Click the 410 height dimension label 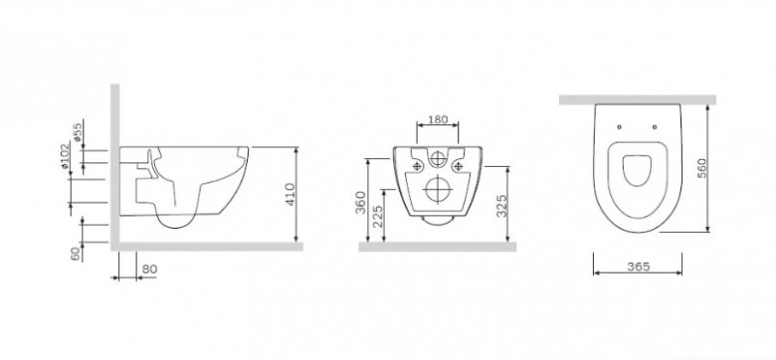[291, 194]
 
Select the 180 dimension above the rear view [438, 119]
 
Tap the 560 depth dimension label [701, 168]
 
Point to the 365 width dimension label [639, 267]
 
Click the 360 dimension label [361, 202]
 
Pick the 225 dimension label [378, 216]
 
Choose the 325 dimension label [501, 206]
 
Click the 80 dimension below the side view [149, 270]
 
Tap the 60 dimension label [76, 254]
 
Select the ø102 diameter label [65, 156]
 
